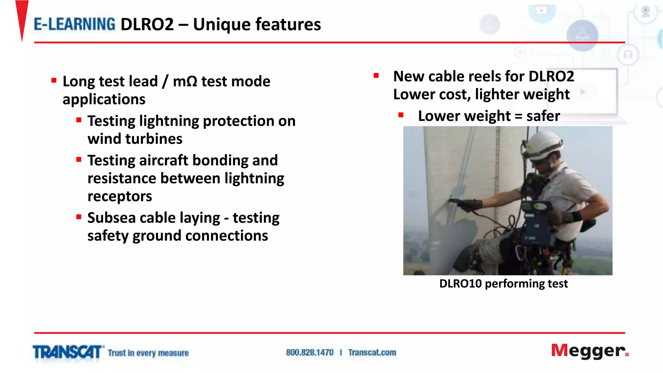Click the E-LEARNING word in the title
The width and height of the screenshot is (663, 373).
click(74, 24)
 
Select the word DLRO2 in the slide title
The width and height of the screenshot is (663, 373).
click(147, 25)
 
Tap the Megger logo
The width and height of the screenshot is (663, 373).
click(589, 351)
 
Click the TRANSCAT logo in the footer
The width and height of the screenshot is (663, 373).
click(67, 352)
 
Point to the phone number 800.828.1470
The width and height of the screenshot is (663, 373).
click(309, 353)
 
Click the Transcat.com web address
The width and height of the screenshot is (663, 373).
click(372, 353)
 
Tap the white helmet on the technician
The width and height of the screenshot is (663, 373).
click(544, 144)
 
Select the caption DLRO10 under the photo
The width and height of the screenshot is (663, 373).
click(460, 284)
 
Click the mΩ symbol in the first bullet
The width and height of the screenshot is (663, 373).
click(185, 81)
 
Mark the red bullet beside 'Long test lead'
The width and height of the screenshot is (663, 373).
click(54, 80)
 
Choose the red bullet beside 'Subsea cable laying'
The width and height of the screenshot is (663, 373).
click(79, 217)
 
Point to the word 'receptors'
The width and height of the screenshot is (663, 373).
click(119, 197)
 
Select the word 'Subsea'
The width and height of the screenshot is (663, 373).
click(111, 218)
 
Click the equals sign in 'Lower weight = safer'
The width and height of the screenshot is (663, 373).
click(518, 116)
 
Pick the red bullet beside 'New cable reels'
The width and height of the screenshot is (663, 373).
click(376, 76)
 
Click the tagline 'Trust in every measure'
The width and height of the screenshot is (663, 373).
click(148, 353)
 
